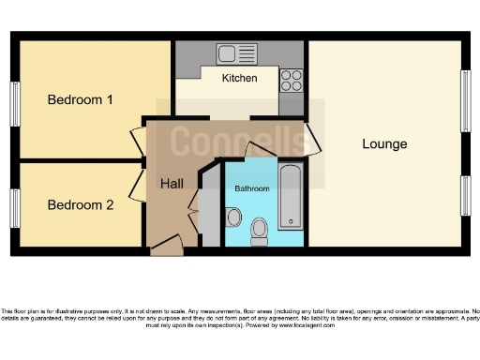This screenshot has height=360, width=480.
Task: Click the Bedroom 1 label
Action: point(81,99)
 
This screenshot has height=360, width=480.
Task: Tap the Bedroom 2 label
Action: point(81,204)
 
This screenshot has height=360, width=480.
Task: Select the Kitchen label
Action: point(239,79)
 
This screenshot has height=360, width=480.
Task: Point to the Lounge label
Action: point(385,143)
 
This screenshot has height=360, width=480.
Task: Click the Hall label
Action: point(172,183)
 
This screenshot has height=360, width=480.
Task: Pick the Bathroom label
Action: point(251,188)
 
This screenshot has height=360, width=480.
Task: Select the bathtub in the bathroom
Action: point(291,197)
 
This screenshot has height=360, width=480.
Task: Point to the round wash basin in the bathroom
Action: point(233,217)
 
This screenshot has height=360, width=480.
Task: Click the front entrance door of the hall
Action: point(167,246)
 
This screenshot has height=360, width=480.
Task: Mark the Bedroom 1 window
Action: point(15,102)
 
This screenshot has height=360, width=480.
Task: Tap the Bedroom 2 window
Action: point(15,207)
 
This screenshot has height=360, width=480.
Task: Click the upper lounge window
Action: point(464,101)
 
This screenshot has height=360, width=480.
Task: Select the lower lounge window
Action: point(464,195)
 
